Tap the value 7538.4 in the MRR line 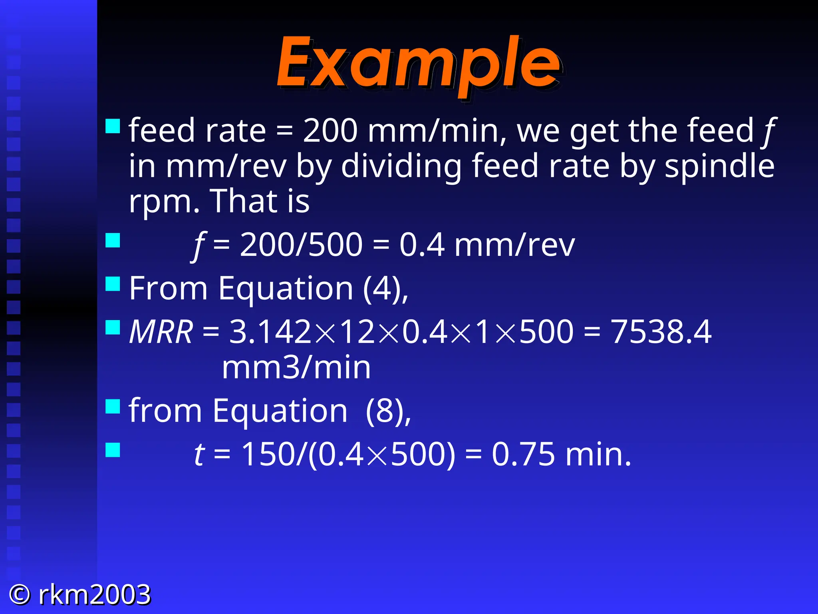pos(661,332)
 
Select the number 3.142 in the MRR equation pos(270,332)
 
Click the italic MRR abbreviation pos(161,332)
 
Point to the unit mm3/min pos(296,368)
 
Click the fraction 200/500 pos(301,245)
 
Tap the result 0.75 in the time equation pos(523,455)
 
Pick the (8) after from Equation pos(385,411)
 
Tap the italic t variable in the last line pos(199,455)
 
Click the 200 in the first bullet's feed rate pos(330,131)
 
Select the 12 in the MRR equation pos(358,332)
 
